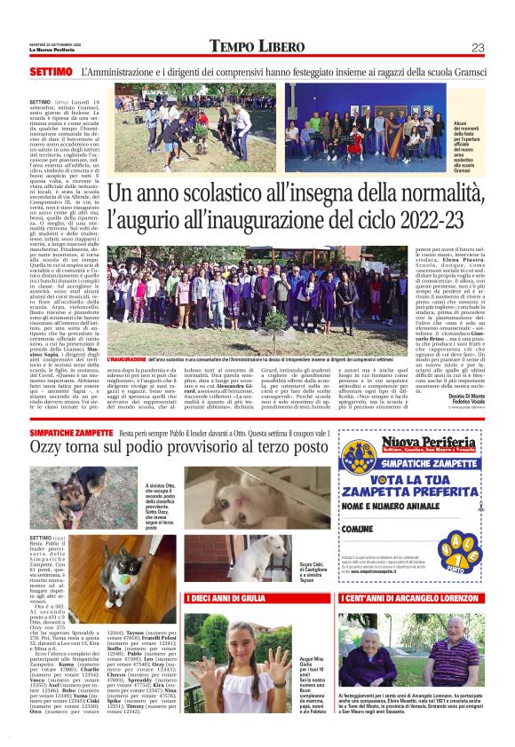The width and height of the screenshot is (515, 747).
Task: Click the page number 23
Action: click(x=477, y=48)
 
